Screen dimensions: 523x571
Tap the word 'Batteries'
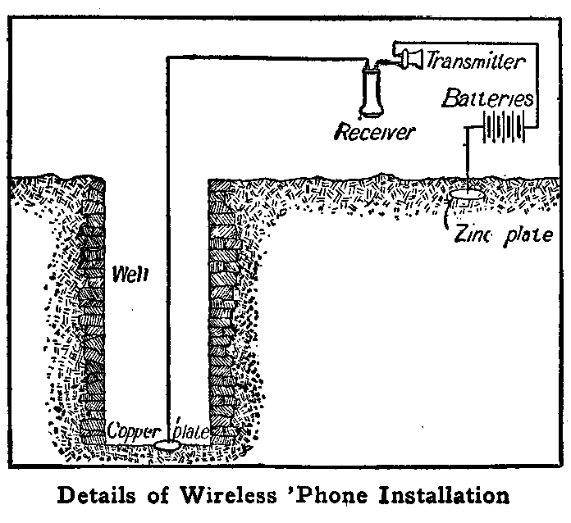pyautogui.click(x=487, y=99)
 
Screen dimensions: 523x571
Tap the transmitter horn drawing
pyautogui.click(x=411, y=56)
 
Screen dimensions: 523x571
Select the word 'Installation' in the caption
pyautogui.click(x=446, y=497)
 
